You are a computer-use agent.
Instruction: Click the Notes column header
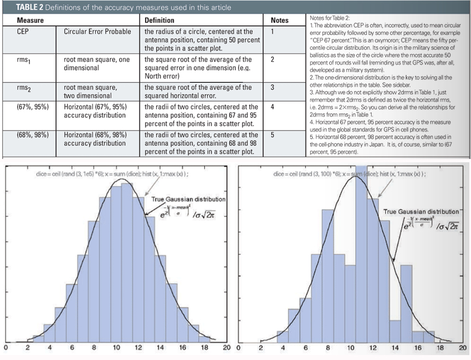pos(279,20)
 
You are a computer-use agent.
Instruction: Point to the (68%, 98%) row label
pos(32,135)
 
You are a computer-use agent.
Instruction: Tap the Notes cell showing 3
pos(272,87)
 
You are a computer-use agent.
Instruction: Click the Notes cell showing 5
pos(272,135)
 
